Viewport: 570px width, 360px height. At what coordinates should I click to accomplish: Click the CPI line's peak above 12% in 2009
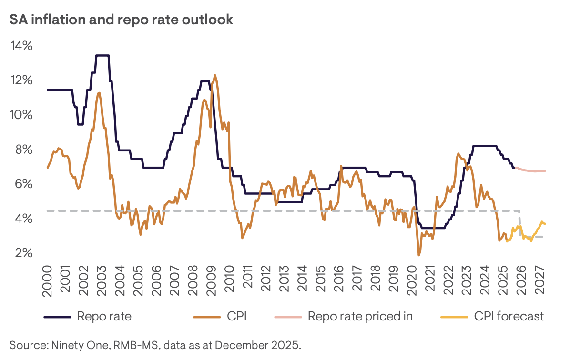[215, 75]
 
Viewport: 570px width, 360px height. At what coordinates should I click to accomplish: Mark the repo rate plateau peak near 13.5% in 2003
[102, 56]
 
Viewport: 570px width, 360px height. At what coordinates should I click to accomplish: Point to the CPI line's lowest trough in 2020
[419, 255]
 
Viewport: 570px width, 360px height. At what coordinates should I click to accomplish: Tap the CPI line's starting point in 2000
[47, 168]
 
